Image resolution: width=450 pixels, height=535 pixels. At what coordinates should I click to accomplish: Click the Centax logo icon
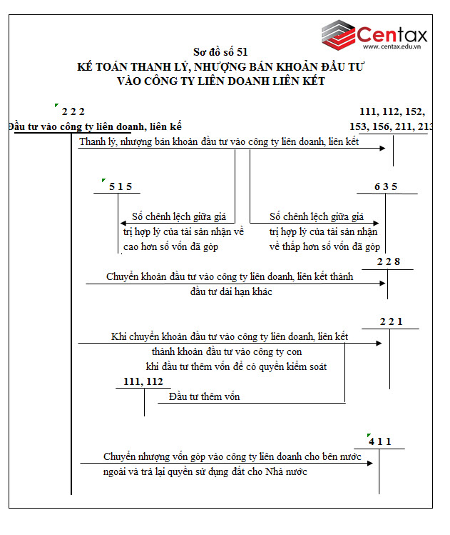click(337, 33)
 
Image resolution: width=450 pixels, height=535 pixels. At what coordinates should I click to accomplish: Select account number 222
click(73, 111)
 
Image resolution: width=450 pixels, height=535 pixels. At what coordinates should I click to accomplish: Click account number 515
click(121, 187)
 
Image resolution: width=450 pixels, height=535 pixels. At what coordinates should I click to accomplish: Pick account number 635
click(385, 187)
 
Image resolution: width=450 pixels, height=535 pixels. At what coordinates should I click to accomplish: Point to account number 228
click(389, 261)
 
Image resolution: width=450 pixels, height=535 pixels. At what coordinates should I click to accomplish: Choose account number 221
click(391, 321)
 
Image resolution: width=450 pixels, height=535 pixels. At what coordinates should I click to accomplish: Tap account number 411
click(380, 441)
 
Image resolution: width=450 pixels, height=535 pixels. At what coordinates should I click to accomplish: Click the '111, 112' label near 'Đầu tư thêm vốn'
click(143, 382)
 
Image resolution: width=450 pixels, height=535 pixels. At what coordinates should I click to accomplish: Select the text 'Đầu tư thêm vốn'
click(205, 396)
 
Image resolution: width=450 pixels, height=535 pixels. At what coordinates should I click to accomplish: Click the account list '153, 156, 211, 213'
click(392, 126)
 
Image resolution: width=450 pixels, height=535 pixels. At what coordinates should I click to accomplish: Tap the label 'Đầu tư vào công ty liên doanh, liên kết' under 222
click(95, 127)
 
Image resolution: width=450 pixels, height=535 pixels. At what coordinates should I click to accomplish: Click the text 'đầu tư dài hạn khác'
click(231, 291)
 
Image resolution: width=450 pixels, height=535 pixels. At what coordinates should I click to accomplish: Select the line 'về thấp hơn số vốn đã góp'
click(324, 247)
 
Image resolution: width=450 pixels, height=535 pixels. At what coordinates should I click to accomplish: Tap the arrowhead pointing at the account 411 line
click(370, 463)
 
